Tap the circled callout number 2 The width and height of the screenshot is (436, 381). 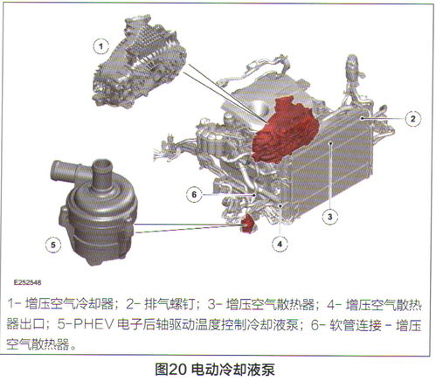coord(411,116)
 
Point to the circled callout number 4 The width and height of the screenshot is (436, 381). coord(280,244)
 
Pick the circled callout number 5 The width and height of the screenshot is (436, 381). coord(53,246)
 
